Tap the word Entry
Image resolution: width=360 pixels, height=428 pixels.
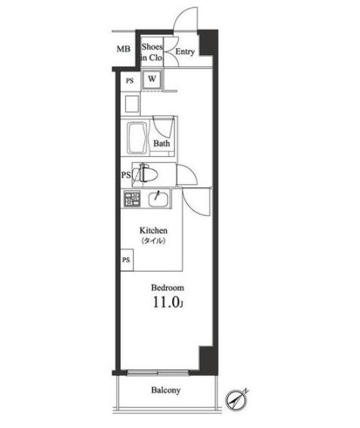click(185, 52)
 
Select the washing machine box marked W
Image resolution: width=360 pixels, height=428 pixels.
click(152, 79)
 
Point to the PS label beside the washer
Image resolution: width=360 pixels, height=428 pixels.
click(130, 80)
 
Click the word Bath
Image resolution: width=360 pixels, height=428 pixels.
click(162, 143)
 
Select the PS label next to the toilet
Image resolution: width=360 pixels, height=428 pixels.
click(125, 176)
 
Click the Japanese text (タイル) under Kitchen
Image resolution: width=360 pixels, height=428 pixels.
click(152, 241)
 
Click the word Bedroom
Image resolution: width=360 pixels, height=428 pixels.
click(167, 288)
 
